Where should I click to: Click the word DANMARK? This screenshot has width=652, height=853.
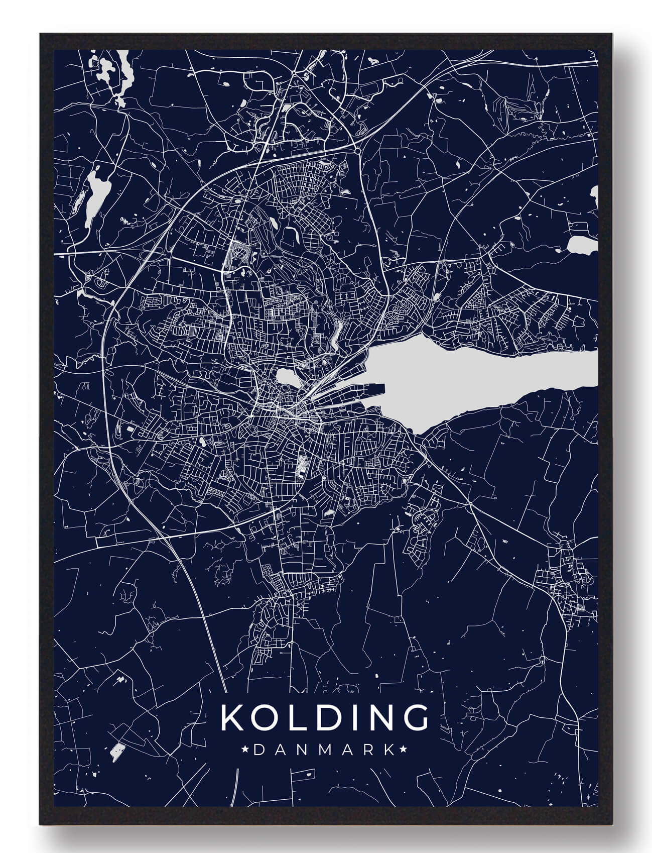tap(324, 750)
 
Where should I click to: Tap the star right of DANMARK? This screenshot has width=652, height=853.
tap(403, 750)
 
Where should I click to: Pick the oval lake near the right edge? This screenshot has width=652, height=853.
tap(581, 245)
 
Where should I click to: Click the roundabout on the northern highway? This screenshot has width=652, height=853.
tap(357, 150)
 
